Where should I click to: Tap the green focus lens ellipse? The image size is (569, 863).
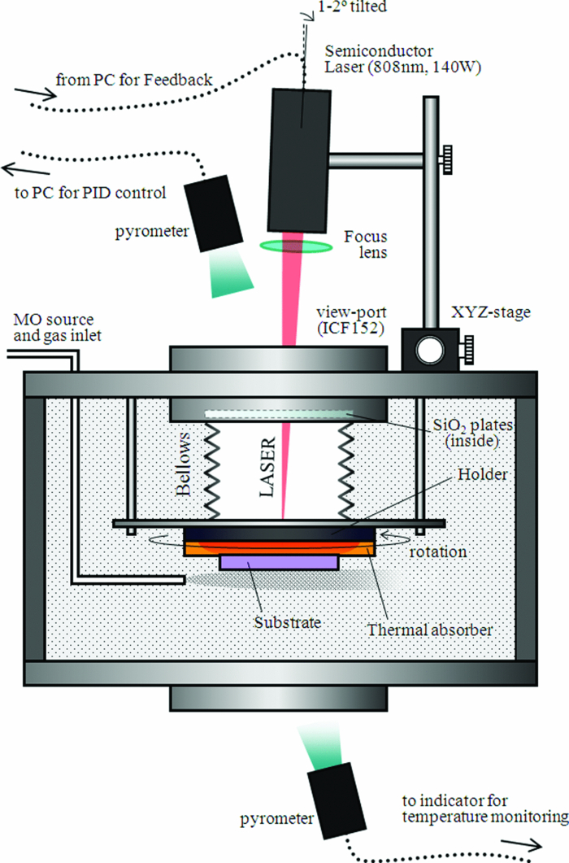pos(290,245)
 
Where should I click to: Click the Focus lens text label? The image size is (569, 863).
pos(363,244)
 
